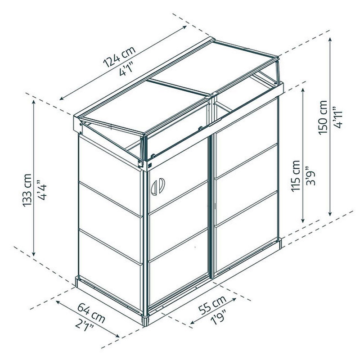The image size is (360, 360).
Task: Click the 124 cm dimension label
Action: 120,57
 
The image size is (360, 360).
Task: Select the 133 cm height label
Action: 27,190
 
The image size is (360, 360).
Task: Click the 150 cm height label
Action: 323,117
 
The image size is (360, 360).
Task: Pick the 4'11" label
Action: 337,117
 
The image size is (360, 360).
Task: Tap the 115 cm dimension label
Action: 295,175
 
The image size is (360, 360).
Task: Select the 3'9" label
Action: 310,175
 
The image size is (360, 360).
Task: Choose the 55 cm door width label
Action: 212,305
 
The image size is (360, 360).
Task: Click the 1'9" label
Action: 219,317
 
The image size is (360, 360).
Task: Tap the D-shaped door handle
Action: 158,186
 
